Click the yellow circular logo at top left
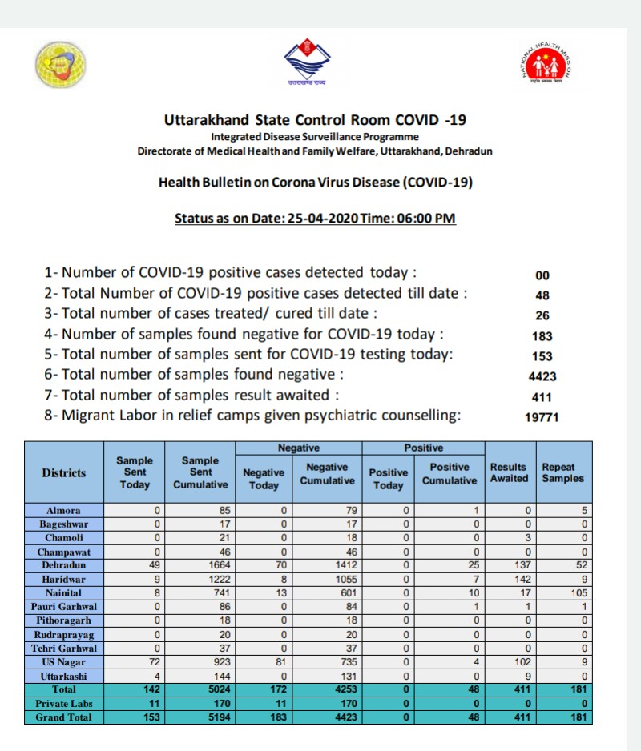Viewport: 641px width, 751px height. coord(61,63)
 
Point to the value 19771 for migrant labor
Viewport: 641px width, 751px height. coord(542,416)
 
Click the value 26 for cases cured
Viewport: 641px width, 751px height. coord(542,315)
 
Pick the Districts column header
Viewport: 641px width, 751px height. coord(64,472)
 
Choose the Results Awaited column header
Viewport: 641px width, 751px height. coord(509,472)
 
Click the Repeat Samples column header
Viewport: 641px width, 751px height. coord(562,472)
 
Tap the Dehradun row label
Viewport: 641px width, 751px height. coord(64,565)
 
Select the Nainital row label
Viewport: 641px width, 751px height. coord(64,592)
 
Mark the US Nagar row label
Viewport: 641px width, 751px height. coord(64,662)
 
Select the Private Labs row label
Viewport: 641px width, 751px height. coord(64,704)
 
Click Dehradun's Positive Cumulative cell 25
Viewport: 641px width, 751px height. coord(474,565)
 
